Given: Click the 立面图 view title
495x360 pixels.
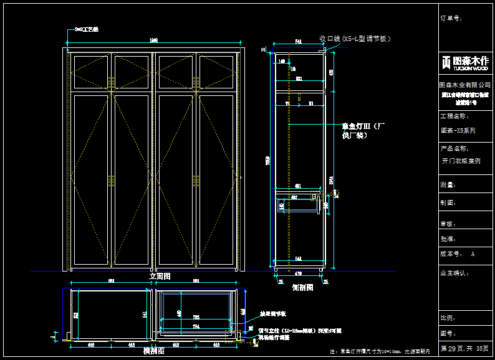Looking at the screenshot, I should [160, 276].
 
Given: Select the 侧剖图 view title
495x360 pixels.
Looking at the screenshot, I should [302, 288].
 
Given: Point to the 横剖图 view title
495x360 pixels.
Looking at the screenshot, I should [153, 351].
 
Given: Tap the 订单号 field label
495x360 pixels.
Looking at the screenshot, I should [451, 19].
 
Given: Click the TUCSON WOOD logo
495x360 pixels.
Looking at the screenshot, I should [464, 62].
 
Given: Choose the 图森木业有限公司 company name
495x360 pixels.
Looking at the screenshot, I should [464, 85].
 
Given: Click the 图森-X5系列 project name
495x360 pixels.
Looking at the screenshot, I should [458, 131].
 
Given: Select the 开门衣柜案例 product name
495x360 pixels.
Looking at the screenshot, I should [461, 160].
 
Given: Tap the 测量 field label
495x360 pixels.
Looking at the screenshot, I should [448, 184].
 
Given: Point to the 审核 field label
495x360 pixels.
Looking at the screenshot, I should [448, 222].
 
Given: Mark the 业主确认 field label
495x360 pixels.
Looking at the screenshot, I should [454, 273].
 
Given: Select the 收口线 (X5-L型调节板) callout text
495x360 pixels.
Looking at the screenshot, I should [355, 39].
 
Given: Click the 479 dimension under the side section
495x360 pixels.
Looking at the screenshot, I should [298, 273].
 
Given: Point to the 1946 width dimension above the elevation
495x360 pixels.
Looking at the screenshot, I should [154, 40].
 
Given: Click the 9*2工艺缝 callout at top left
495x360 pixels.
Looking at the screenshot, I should [87, 29].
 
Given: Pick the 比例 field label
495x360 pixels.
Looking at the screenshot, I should [448, 318].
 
